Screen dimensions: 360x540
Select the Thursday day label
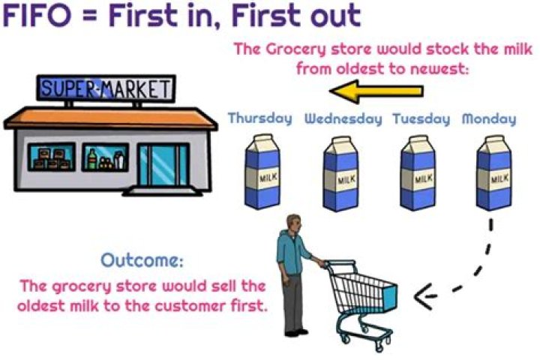coord(259,118)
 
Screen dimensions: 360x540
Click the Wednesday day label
coord(343,118)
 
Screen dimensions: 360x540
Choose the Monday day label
coord(488,118)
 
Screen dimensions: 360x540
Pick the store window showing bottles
coord(103,158)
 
